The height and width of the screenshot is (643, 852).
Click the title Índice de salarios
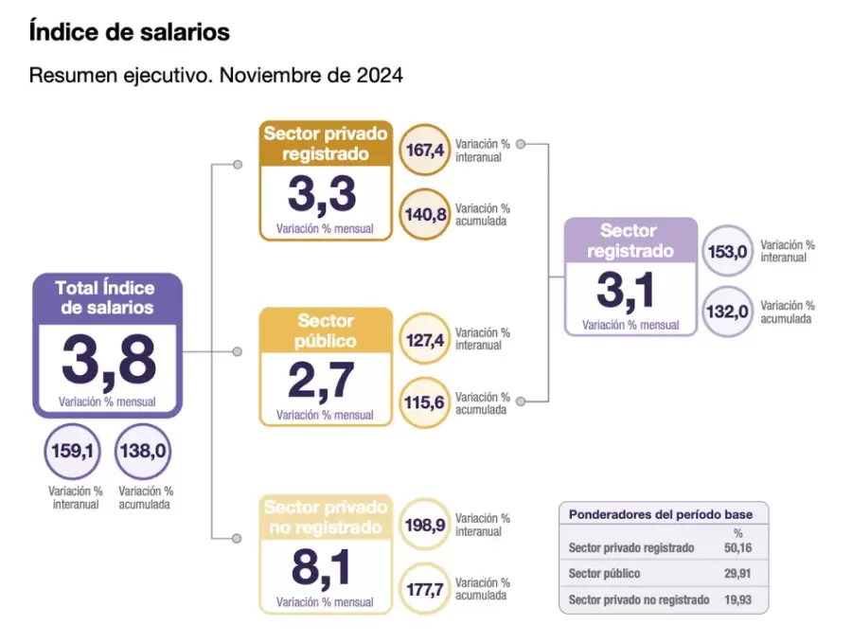click(130, 32)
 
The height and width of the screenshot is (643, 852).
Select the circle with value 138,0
click(143, 452)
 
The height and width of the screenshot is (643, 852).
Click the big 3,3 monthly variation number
click(322, 195)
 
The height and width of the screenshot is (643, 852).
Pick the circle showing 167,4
click(425, 151)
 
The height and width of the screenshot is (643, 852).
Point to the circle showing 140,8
click(425, 214)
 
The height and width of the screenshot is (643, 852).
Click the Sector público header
click(326, 330)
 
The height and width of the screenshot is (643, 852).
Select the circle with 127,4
click(425, 339)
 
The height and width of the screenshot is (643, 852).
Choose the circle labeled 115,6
click(425, 402)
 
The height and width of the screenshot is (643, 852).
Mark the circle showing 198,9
click(425, 525)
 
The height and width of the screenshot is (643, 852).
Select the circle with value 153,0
click(728, 251)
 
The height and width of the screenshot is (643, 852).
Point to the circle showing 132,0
click(728, 312)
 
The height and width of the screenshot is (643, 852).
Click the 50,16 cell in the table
click(738, 547)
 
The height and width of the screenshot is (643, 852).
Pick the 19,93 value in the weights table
click(738, 599)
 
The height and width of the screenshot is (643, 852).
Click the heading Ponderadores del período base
click(661, 514)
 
